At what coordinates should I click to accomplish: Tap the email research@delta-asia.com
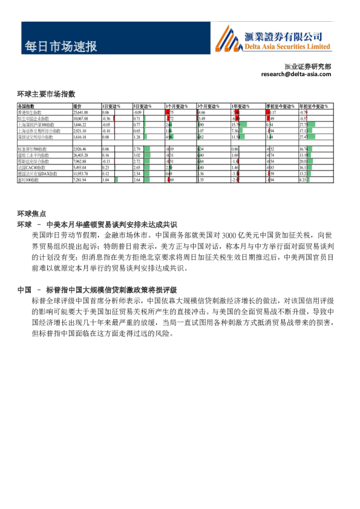tap(296, 74)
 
